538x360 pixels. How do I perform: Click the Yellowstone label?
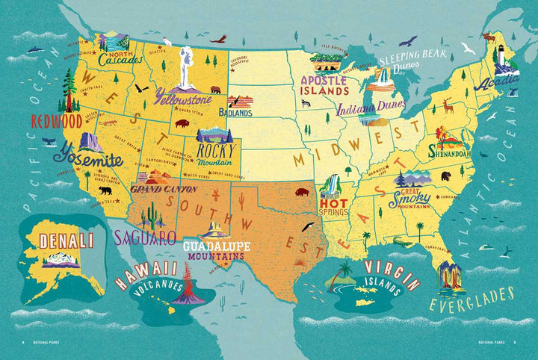pos(182,96)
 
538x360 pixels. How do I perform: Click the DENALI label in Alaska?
pos(67,240)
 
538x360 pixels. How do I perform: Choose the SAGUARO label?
pos(144,238)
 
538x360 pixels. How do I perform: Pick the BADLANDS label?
pos(235,113)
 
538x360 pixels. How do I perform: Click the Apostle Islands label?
pos(324,84)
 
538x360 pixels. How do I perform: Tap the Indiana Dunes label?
pos(365,108)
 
